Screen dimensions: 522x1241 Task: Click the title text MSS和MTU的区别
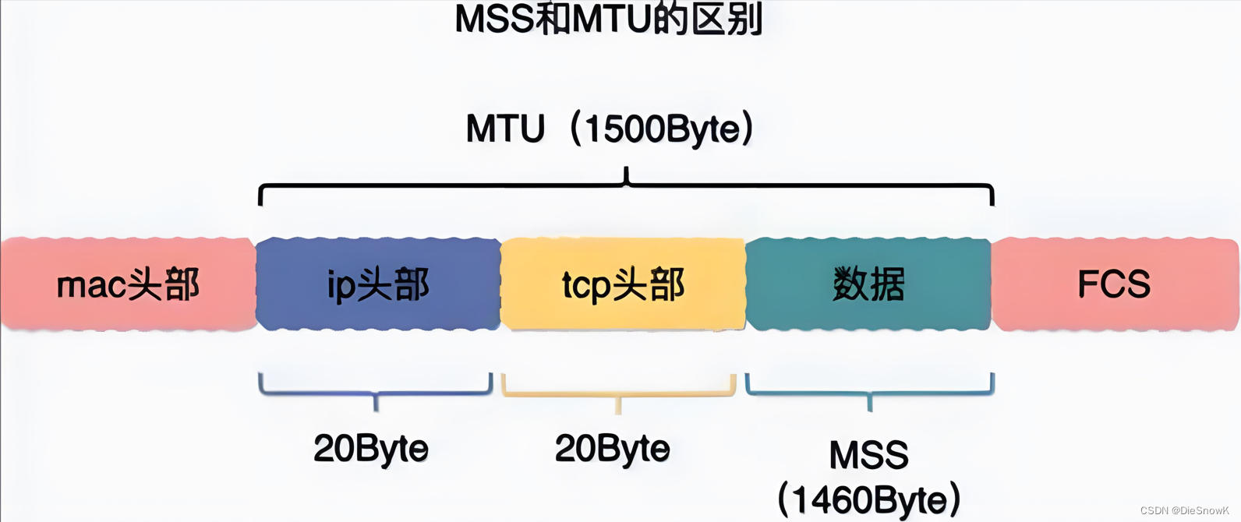click(609, 19)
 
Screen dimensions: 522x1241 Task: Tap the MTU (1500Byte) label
click(609, 129)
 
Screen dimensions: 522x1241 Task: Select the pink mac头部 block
click(128, 284)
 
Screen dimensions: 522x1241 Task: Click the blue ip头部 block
click(378, 284)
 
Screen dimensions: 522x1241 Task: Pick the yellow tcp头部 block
click(623, 284)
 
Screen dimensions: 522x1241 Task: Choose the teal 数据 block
click(868, 284)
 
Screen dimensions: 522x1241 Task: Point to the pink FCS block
click(1115, 284)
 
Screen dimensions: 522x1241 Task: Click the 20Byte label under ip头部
click(371, 449)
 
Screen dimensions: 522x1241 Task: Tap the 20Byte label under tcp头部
click(613, 449)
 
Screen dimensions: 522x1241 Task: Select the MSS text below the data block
click(869, 455)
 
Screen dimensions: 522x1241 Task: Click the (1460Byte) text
click(869, 499)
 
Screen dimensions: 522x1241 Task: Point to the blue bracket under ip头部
click(376, 390)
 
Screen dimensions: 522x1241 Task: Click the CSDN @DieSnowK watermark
click(1184, 511)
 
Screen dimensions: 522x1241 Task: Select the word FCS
click(1114, 284)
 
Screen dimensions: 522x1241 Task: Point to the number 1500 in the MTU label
click(622, 129)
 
